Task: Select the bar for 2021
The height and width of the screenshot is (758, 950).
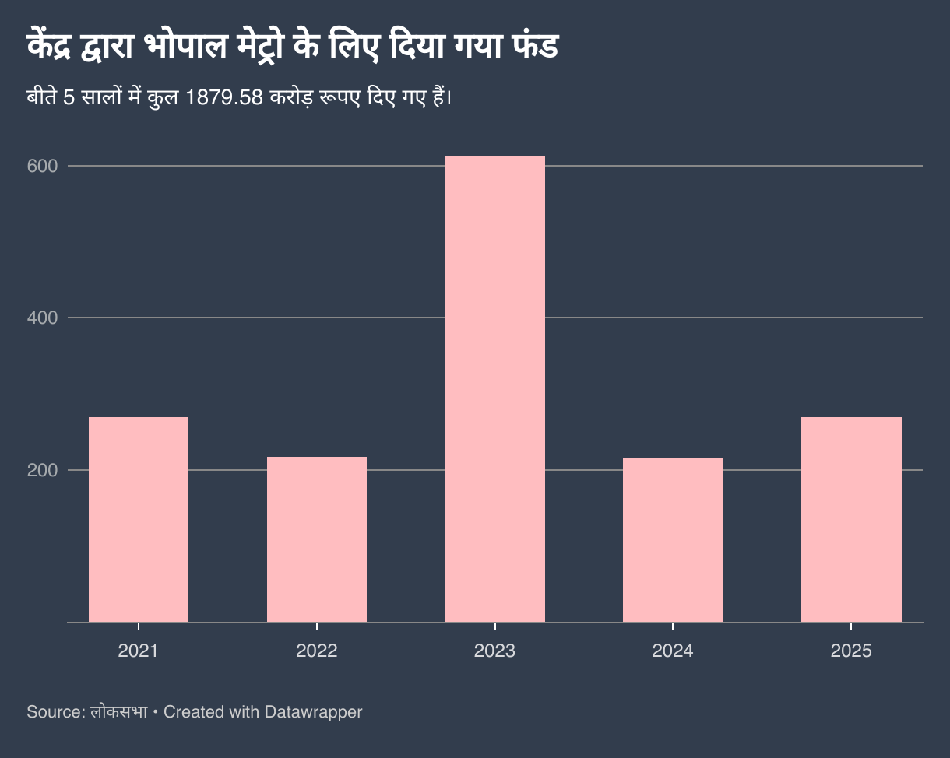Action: (x=139, y=519)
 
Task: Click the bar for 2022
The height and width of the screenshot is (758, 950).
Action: (x=317, y=539)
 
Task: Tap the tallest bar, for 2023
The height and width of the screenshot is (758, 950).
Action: (x=494, y=388)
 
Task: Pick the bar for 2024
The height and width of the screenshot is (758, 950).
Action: (x=673, y=539)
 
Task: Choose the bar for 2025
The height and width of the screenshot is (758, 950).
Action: (x=851, y=519)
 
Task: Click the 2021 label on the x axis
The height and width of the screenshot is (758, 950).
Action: (x=139, y=651)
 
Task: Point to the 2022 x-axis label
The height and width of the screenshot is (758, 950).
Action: (x=317, y=651)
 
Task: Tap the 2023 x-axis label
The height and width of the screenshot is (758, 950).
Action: (x=494, y=651)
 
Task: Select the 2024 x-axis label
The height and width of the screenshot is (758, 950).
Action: (x=673, y=651)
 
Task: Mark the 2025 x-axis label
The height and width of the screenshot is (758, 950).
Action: (x=851, y=651)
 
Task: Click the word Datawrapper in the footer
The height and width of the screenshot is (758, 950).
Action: (x=313, y=711)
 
